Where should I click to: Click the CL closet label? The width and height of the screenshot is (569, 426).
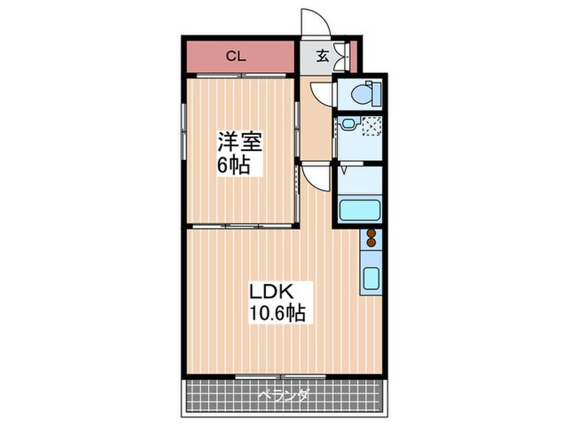pos(236,56)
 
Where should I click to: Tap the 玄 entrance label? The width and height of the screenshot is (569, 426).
pos(322,56)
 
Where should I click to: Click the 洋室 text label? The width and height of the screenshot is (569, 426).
pos(238,143)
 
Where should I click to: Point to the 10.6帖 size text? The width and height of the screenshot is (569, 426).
pos(276,313)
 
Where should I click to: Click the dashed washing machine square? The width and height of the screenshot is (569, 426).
pos(372,127)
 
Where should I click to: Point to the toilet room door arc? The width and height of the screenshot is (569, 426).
pos(320,93)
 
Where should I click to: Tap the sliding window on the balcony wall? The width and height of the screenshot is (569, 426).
pos(280,376)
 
